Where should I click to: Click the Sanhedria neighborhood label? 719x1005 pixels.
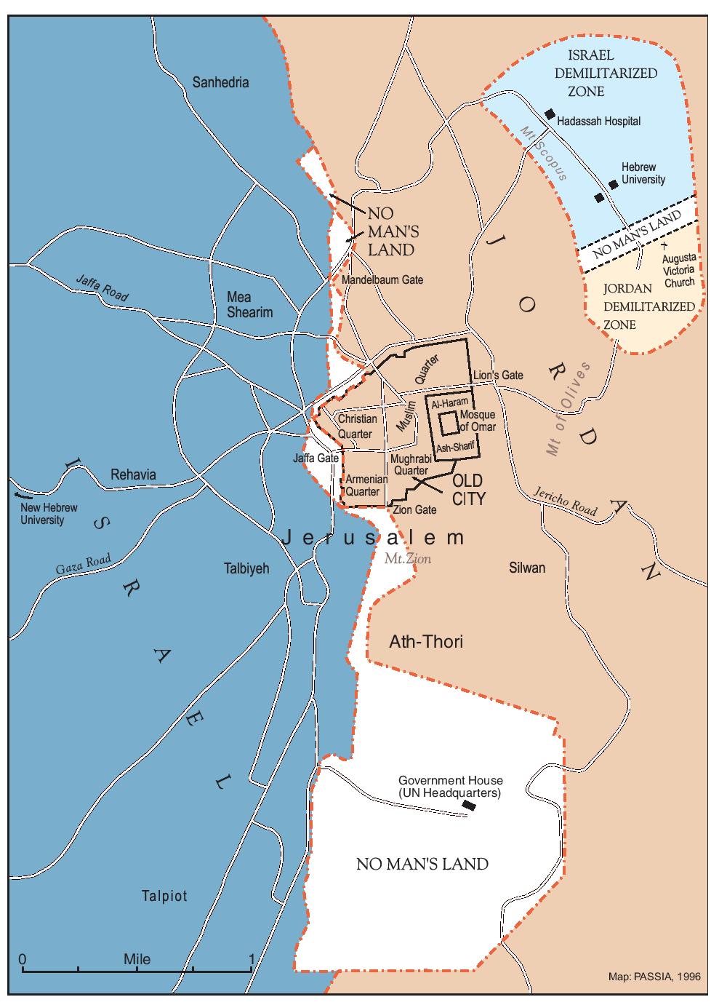[x=220, y=82]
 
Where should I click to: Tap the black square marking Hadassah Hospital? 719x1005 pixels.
[x=550, y=114]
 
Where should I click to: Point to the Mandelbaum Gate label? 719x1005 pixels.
[x=382, y=279]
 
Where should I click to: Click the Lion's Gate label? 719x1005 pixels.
[x=498, y=376]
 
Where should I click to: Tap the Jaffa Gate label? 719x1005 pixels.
[x=316, y=458]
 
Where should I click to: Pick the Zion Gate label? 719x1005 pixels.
[x=414, y=509]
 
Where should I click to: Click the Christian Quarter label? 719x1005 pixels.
[x=357, y=426]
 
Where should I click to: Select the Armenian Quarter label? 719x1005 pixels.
[x=363, y=485]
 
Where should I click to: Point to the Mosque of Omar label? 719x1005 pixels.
[x=478, y=421]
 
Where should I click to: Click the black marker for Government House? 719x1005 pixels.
[x=470, y=805]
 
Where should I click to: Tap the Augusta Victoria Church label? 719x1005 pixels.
[x=678, y=270]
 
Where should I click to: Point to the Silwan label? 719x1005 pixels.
[x=526, y=568]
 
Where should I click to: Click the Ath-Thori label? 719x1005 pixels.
[x=426, y=641]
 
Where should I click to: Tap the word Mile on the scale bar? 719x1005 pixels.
[x=137, y=959]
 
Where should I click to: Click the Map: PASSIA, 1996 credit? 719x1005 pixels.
[x=654, y=977]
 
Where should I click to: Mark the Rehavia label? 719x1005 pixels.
[x=133, y=474]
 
